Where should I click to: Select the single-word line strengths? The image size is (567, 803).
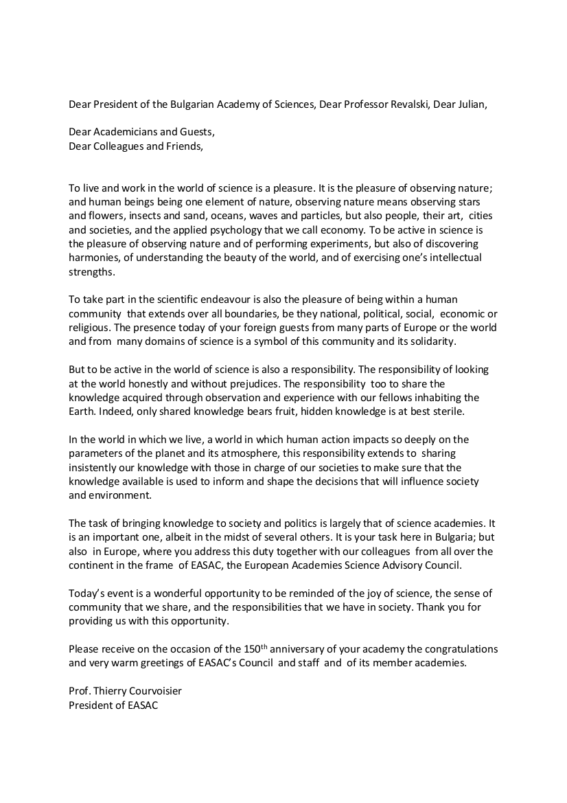(92, 271)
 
